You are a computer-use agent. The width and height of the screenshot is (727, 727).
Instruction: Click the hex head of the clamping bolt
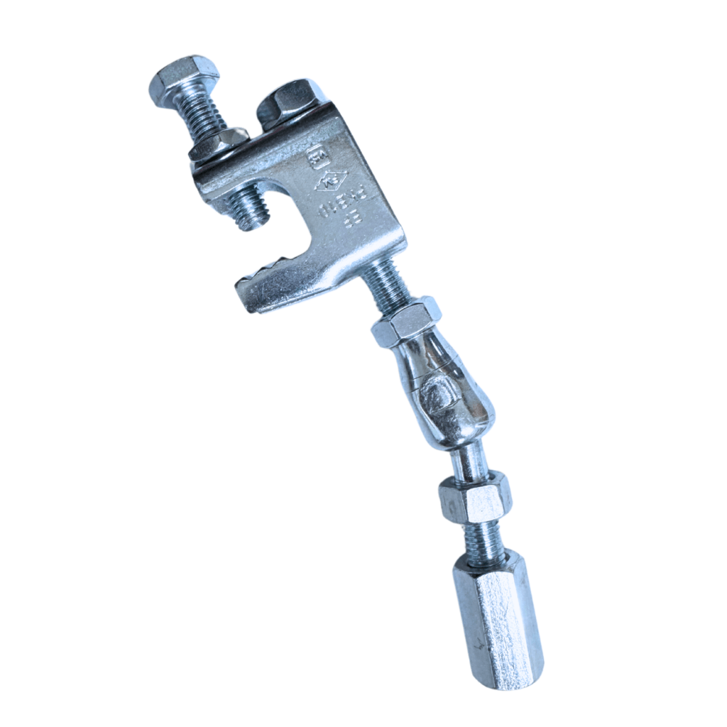click(x=183, y=80)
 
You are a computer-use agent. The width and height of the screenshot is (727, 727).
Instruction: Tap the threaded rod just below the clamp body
click(x=387, y=280)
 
